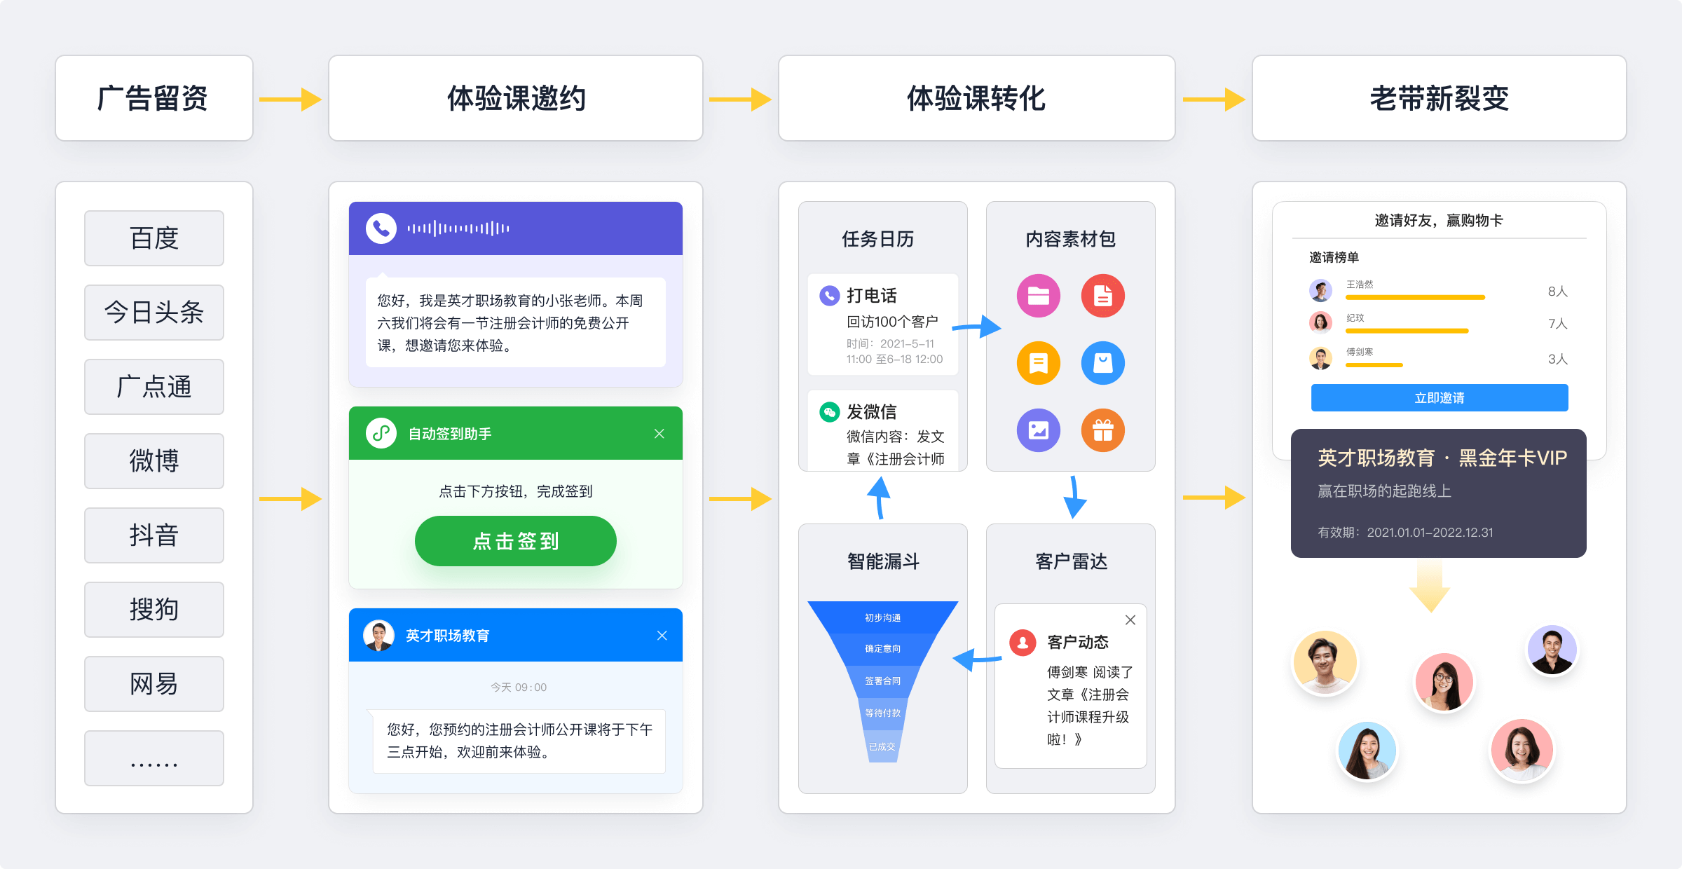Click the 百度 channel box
154,238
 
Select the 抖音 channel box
154,535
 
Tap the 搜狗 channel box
154,610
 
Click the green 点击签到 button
516,541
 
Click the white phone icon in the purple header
381,228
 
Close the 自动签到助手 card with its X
659,434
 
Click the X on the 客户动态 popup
1130,620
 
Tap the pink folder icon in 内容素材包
1039,296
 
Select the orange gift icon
1103,430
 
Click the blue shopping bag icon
1103,363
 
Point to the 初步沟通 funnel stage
882,617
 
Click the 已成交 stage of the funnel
882,747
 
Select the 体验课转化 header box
976,98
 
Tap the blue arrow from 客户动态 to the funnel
977,659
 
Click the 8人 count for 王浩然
1557,292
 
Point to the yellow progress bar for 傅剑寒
1374,365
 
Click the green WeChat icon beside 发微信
830,412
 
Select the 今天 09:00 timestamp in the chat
519,687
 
